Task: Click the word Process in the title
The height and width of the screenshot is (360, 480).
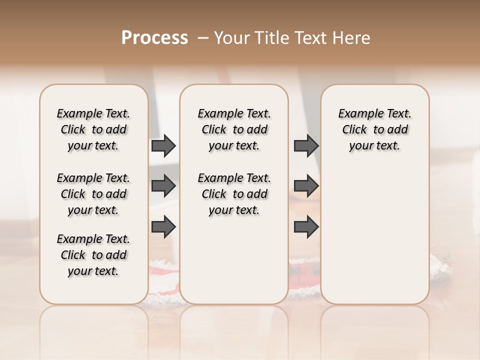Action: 154,38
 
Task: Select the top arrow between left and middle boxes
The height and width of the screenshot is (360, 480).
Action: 163,146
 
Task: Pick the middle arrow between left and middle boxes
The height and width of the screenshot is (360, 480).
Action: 163,186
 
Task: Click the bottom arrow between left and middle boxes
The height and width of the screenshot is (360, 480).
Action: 163,226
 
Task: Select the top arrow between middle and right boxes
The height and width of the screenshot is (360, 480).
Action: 306,146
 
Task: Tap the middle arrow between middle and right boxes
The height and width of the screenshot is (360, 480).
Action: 306,186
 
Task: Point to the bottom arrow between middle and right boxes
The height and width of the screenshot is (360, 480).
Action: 306,226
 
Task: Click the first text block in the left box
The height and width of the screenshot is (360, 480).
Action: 93,129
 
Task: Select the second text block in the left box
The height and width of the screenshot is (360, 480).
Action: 93,194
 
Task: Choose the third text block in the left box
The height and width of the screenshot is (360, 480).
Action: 93,255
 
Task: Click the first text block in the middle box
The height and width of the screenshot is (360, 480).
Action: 234,129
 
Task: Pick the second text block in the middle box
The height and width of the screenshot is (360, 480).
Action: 234,194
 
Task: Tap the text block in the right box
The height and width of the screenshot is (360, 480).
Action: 375,129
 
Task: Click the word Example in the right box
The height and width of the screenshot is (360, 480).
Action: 358,114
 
